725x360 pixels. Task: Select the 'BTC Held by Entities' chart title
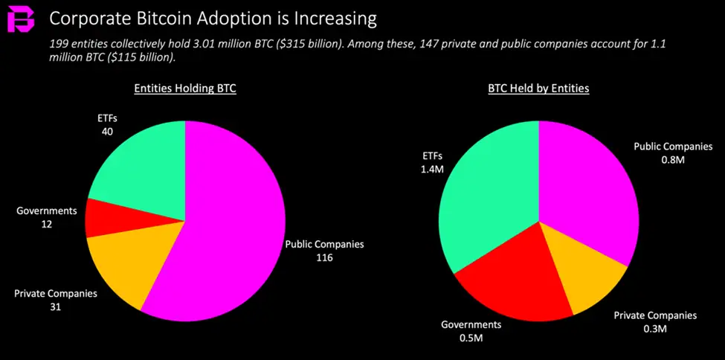pos(538,89)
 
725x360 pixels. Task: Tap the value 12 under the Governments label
pos(46,223)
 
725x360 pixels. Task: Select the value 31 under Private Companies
pos(55,306)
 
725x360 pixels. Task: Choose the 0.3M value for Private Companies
pos(655,329)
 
